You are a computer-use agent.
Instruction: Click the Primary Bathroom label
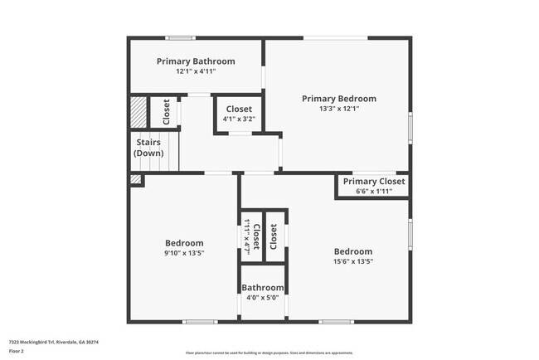(x=196, y=61)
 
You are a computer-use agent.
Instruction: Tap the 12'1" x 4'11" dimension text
(x=196, y=72)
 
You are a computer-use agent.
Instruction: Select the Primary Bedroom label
(x=338, y=98)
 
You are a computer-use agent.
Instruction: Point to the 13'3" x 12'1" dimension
(x=338, y=109)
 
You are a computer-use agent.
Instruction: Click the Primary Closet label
(x=374, y=182)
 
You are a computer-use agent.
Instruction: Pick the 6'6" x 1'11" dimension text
(x=374, y=192)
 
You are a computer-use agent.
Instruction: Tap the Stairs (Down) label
(x=148, y=148)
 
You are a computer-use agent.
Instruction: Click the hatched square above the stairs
(x=138, y=112)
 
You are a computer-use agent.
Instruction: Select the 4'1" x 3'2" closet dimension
(x=239, y=119)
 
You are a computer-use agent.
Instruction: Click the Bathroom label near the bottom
(x=262, y=289)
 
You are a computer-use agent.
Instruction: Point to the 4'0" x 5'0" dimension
(x=262, y=299)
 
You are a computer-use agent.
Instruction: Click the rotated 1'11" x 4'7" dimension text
(x=246, y=236)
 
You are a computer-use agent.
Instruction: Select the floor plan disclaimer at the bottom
(x=269, y=353)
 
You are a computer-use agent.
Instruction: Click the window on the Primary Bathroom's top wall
(x=180, y=37)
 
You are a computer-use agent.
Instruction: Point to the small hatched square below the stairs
(x=135, y=178)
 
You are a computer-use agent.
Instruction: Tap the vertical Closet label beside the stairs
(x=167, y=112)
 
